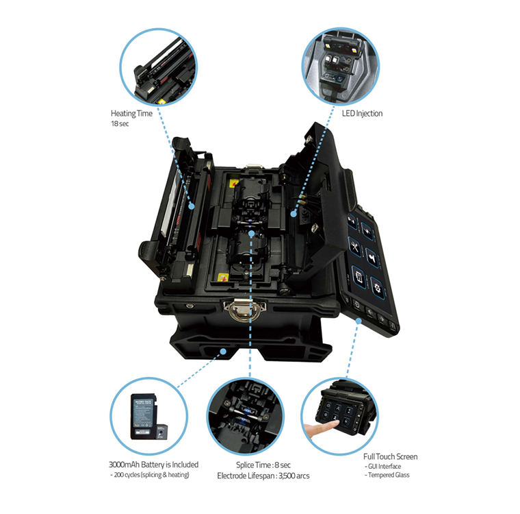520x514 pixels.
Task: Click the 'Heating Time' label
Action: [x=131, y=113]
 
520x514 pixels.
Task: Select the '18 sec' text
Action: [x=121, y=125]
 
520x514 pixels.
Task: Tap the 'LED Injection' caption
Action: [x=362, y=113]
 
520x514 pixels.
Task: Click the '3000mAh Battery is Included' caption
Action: [x=154, y=464]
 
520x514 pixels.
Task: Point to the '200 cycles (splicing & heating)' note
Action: [x=150, y=475]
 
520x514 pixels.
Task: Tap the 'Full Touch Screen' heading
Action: [x=390, y=456]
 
